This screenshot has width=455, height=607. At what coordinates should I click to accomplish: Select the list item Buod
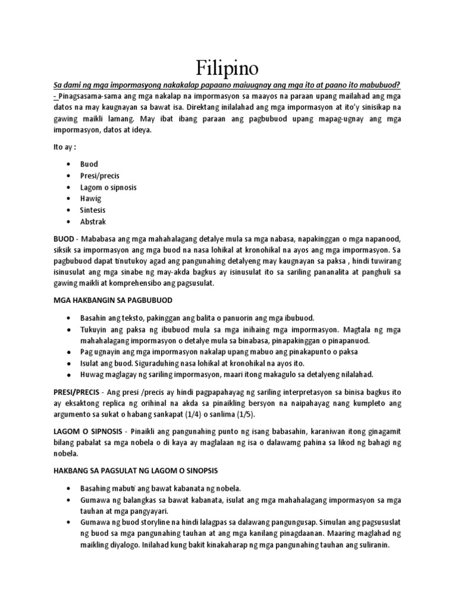[89, 164]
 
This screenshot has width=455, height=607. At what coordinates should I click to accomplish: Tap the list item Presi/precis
[100, 175]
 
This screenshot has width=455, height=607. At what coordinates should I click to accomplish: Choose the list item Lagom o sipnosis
[108, 187]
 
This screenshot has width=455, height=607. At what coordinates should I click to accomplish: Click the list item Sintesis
[94, 210]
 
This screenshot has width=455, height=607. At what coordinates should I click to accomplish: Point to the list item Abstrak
[94, 222]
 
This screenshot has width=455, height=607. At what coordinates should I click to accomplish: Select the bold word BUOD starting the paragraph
[65, 238]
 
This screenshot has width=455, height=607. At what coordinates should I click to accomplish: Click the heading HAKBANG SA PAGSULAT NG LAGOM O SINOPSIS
[136, 471]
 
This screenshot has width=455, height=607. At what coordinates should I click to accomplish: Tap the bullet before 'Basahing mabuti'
[71, 488]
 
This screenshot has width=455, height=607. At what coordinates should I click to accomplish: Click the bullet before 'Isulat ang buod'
[71, 363]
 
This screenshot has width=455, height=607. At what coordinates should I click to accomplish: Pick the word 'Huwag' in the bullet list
[93, 375]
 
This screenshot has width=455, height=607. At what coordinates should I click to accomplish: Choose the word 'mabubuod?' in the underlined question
[379, 84]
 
